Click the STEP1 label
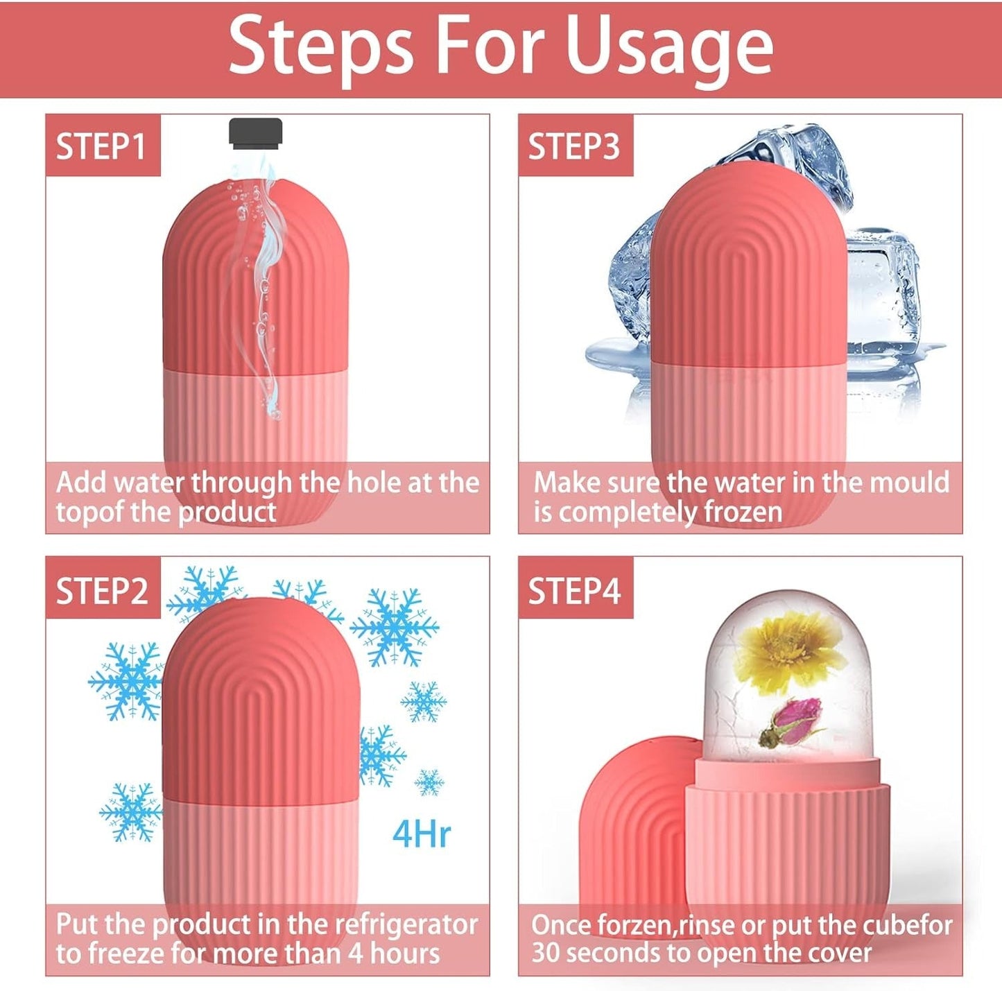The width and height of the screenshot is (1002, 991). point(101,146)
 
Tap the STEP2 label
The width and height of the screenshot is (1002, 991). point(102,591)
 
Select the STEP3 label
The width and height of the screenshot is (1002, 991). point(574,146)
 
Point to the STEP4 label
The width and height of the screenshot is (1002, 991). point(574,591)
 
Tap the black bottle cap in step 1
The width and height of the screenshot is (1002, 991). point(256,132)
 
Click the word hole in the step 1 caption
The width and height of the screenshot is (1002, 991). point(375,482)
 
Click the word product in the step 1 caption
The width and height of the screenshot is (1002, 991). point(227,512)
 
